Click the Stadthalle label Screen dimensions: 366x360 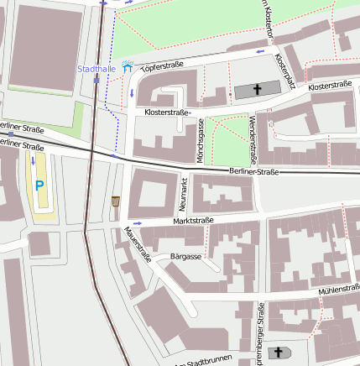(x=97, y=67)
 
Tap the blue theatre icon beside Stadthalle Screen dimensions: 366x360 (x=128, y=66)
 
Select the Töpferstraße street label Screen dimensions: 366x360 (x=162, y=65)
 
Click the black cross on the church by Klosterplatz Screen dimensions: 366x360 (x=257, y=89)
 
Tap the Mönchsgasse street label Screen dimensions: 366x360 (x=200, y=140)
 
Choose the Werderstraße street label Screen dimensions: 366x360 (x=253, y=140)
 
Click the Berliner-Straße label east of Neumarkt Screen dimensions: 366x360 (x=253, y=171)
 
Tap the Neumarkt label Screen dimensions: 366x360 (x=182, y=194)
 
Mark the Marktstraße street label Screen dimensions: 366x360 (x=193, y=221)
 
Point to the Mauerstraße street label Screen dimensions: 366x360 (x=136, y=243)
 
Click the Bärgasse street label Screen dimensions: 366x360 (x=185, y=255)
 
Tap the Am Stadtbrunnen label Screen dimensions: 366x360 (x=201, y=362)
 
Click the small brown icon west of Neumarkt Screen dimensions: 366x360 (x=115, y=201)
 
